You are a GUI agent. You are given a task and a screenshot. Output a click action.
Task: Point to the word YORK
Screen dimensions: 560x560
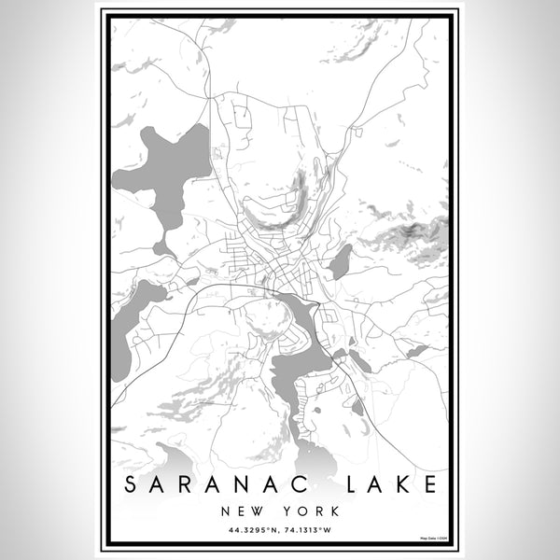(x=308, y=512)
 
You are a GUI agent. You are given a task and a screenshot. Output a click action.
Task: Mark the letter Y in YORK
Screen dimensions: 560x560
(x=285, y=512)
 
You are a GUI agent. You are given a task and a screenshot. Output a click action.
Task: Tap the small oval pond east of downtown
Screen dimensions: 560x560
(x=341, y=261)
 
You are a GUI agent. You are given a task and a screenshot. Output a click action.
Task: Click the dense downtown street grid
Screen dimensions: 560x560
(x=266, y=261)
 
